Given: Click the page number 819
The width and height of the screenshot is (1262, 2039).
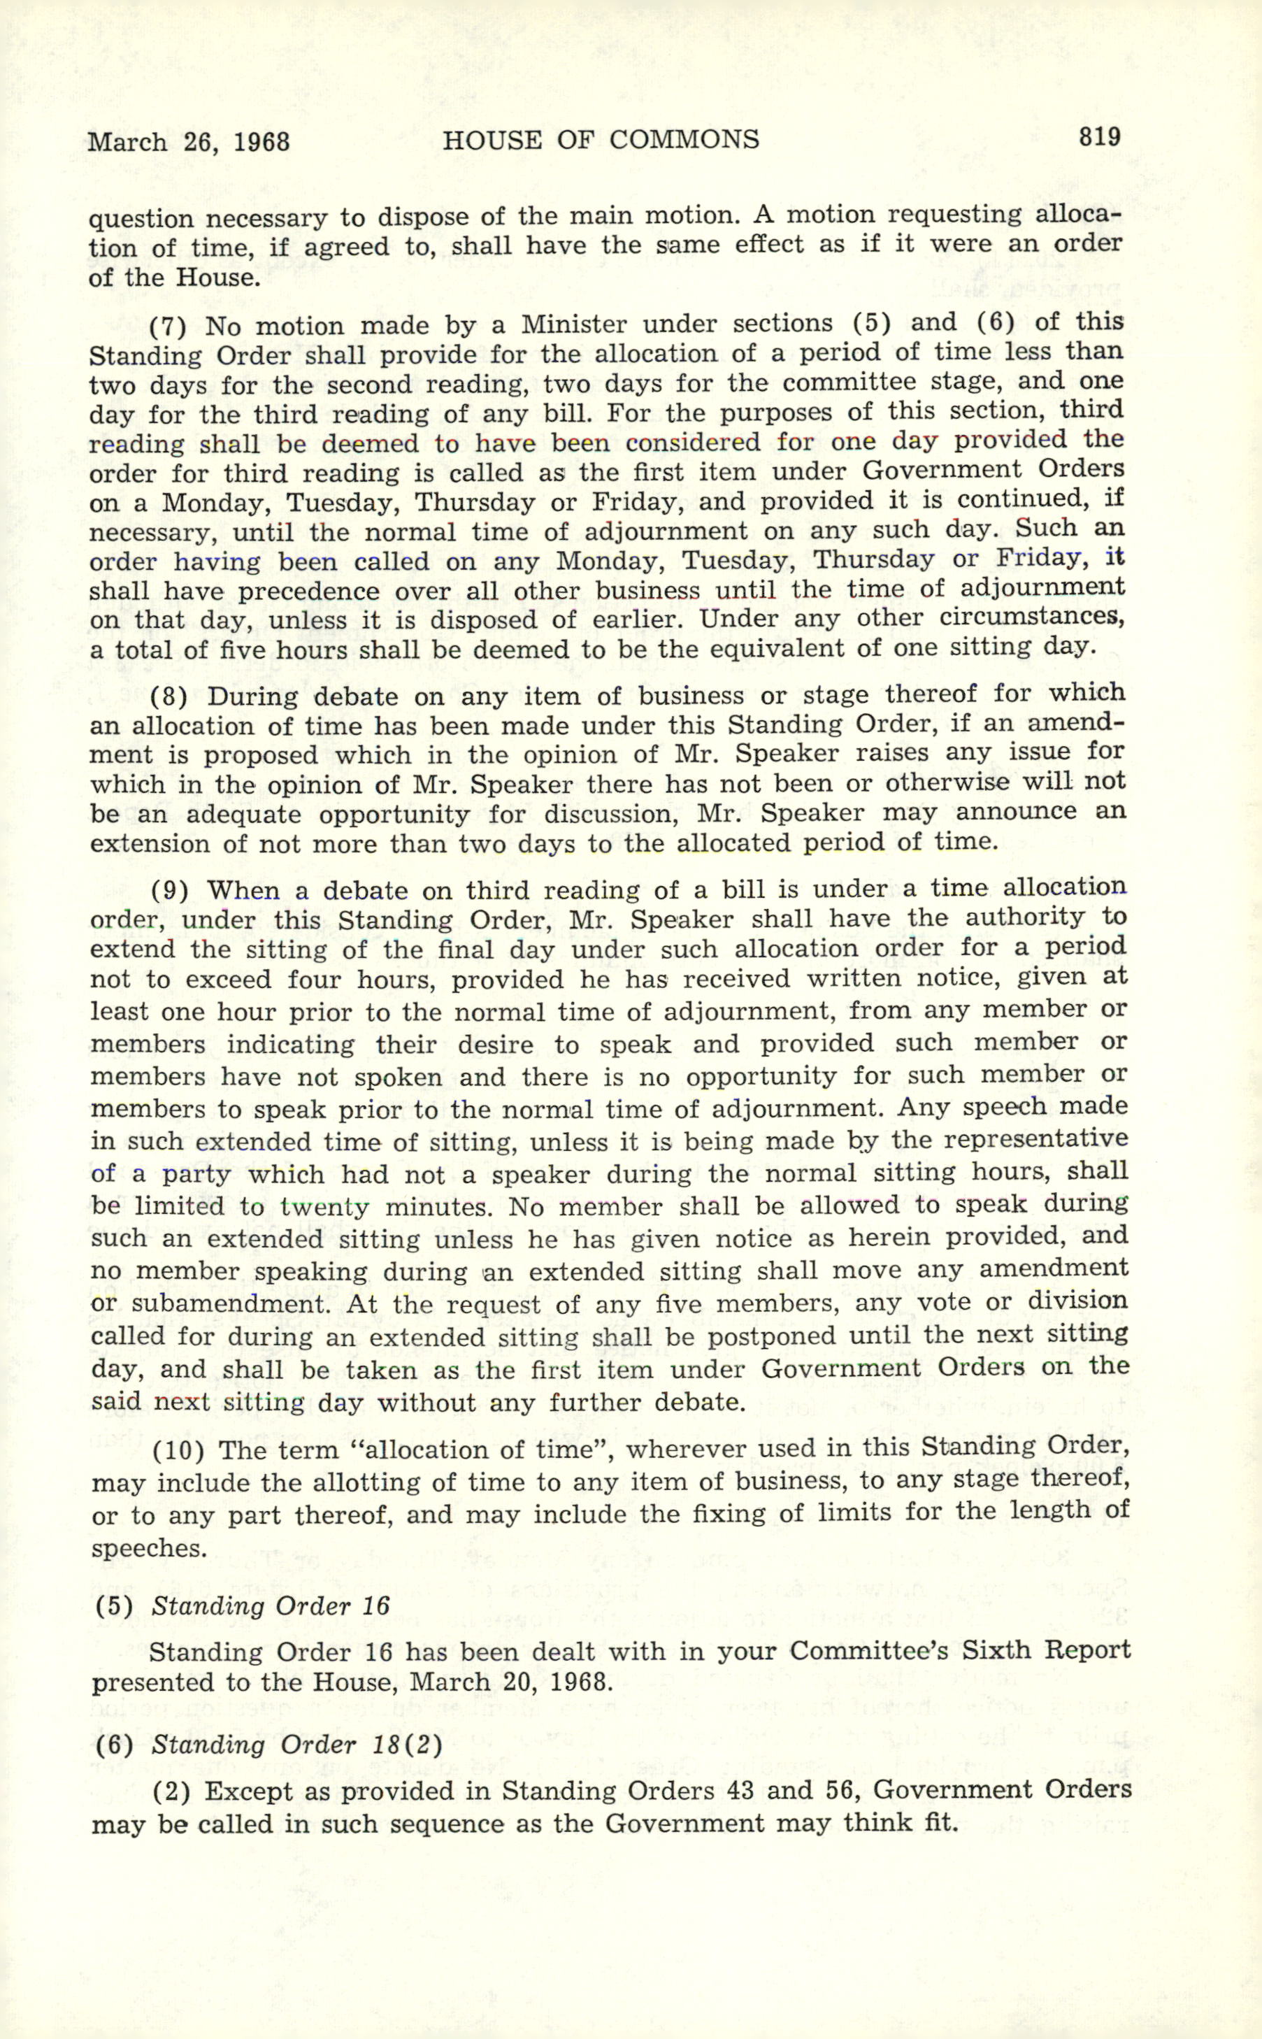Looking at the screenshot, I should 1098,136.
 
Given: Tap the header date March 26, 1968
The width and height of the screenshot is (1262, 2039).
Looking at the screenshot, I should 189,141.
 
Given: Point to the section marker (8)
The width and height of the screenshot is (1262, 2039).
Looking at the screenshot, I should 171,696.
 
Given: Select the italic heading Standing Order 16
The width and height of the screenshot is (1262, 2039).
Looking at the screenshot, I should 271,1606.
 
